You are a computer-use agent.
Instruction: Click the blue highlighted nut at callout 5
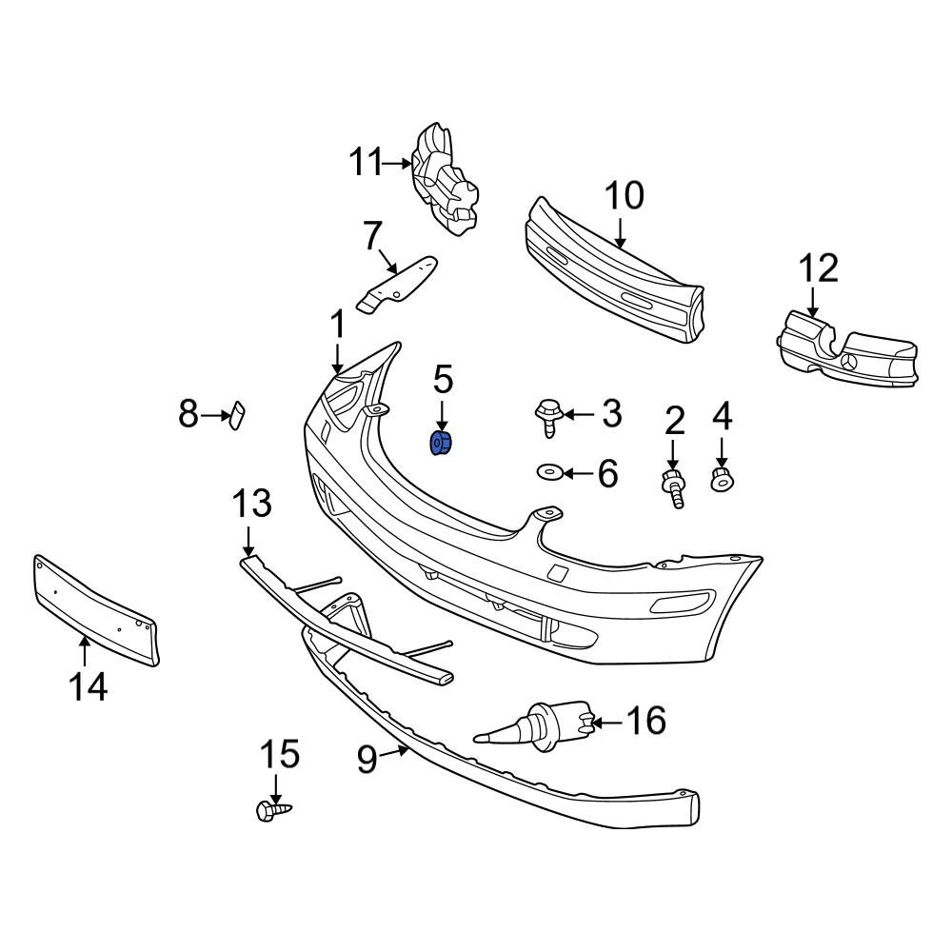[442, 444]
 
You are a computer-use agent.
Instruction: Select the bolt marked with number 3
[548, 417]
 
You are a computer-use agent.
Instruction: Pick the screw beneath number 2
[673, 488]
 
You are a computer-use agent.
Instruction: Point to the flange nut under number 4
[721, 478]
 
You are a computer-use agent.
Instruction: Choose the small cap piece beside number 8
[236, 415]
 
